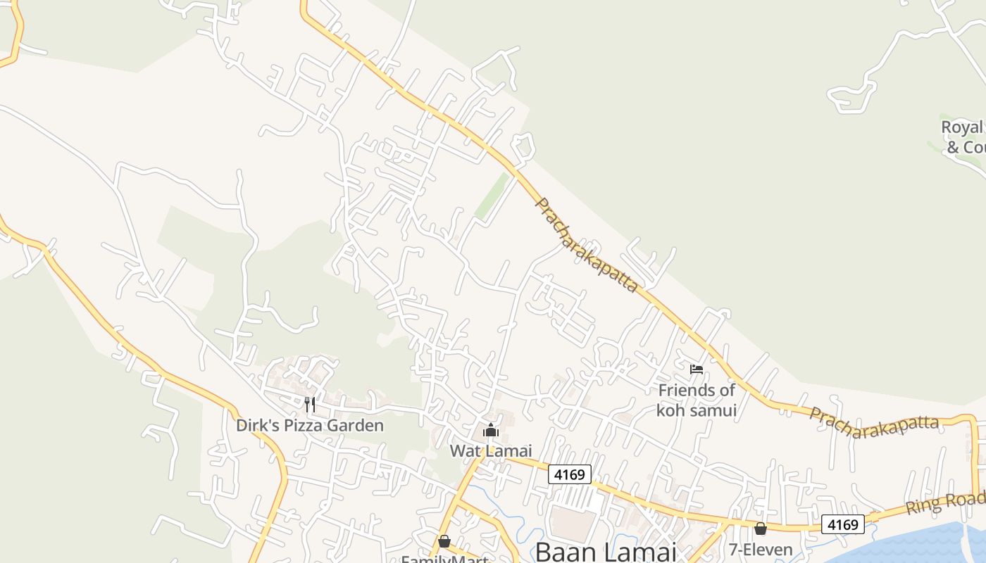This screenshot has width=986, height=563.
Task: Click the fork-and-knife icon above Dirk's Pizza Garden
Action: coord(309,405)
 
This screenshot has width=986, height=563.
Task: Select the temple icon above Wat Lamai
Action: coord(491,429)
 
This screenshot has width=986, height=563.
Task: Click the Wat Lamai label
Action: coord(491,450)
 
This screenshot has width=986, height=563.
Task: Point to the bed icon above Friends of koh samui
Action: coord(697,369)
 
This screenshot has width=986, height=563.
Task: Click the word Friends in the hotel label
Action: coord(687,390)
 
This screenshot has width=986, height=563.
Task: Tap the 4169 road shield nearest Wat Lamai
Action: coord(569,474)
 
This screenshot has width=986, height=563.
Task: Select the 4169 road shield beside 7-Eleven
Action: coord(842,524)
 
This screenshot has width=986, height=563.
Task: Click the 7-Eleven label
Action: coord(761,550)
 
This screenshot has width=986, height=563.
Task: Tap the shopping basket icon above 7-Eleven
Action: coord(761,529)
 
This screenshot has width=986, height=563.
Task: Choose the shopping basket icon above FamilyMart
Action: coord(444,541)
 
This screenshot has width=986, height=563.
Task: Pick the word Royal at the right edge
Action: coord(961,127)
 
